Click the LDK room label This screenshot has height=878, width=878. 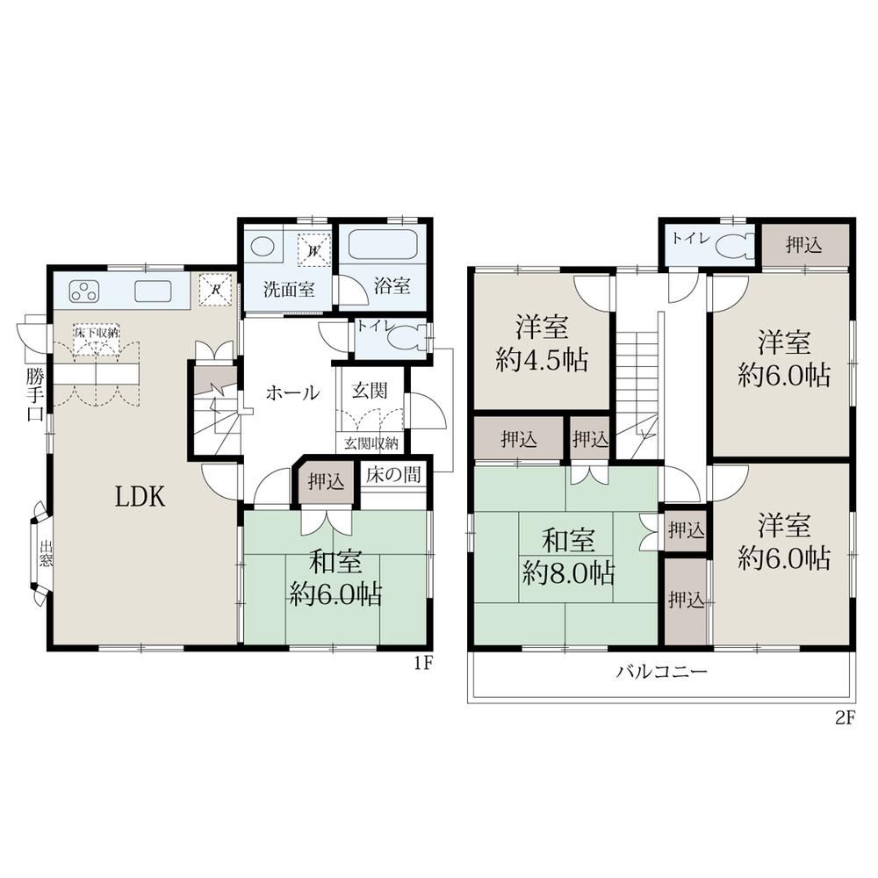(140, 497)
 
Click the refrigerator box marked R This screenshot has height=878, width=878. (215, 290)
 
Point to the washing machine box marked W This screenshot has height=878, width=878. (314, 249)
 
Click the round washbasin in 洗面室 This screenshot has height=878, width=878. (261, 247)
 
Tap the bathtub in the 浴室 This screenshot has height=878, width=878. (383, 244)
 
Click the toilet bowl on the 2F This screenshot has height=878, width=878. (735, 246)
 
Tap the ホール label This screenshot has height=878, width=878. (292, 392)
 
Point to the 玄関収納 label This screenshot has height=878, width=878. (371, 443)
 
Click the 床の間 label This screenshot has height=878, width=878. (393, 475)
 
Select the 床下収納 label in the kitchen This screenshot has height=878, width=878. (97, 332)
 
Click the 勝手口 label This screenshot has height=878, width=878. (35, 394)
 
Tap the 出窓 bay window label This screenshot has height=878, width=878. (46, 552)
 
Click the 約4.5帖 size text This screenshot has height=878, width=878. (542, 361)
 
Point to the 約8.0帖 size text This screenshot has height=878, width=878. (569, 572)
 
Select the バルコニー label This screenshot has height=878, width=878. (662, 671)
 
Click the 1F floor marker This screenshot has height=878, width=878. (423, 663)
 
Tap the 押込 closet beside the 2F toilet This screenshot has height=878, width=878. (804, 245)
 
